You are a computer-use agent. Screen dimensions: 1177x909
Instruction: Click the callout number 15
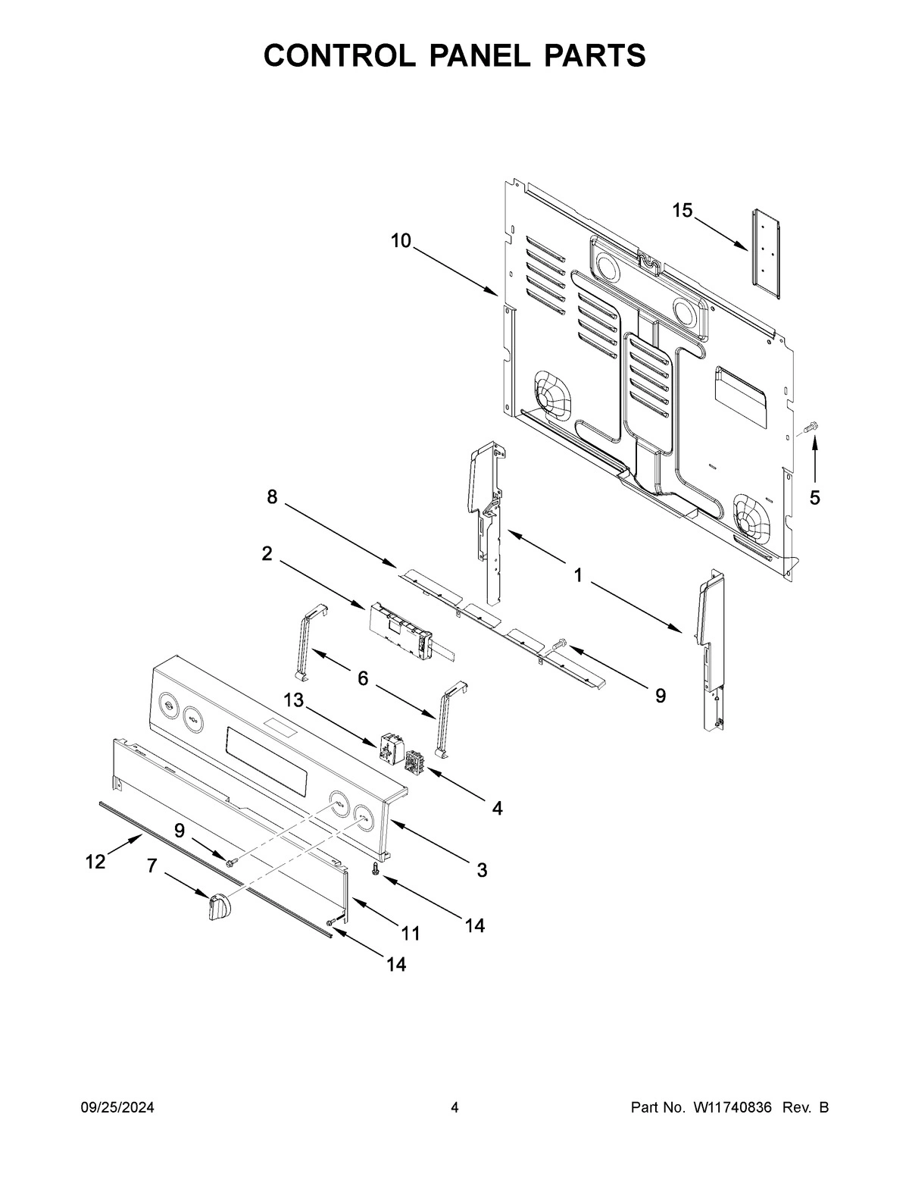tap(683, 211)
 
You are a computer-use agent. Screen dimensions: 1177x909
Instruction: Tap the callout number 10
tap(401, 241)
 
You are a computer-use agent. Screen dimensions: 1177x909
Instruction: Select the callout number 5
tap(814, 498)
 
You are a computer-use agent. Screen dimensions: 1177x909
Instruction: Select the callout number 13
tap(294, 701)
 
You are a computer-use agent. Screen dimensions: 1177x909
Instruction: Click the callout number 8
tap(271, 497)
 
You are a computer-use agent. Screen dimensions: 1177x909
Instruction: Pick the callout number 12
tap(95, 862)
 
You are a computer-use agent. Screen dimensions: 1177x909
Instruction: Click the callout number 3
tap(482, 870)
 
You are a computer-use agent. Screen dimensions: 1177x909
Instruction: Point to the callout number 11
tap(410, 934)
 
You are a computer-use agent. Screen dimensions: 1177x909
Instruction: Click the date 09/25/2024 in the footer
tap(117, 1108)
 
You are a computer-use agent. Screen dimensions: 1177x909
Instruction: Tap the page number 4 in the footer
tap(454, 1108)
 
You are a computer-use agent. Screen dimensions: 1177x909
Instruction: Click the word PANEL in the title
tap(454, 56)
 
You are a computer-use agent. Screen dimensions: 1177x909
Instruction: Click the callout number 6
tap(363, 679)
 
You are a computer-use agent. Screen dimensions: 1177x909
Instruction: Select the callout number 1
tap(578, 576)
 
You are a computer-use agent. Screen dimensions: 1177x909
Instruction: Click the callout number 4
tap(497, 809)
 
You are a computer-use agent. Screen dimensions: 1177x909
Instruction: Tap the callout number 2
tap(267, 554)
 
